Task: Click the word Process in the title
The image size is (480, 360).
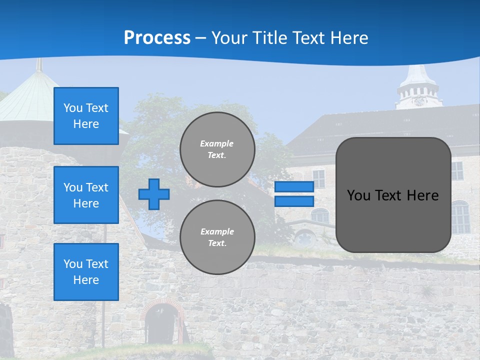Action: (x=157, y=38)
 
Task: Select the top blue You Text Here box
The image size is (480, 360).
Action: (x=86, y=116)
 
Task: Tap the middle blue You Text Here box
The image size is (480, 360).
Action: (x=86, y=195)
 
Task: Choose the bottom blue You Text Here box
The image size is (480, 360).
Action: (x=86, y=272)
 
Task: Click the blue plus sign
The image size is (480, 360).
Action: (x=154, y=194)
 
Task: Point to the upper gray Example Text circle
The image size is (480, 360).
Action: (x=217, y=149)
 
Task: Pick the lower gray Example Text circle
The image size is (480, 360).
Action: (x=217, y=237)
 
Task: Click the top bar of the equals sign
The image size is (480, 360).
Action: (x=294, y=187)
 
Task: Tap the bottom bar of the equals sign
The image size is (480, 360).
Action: (x=294, y=201)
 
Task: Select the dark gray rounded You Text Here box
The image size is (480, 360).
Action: (x=393, y=195)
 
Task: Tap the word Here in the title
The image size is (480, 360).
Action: (x=348, y=38)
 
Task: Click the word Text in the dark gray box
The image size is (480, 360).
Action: (x=390, y=195)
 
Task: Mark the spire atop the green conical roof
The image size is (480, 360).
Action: (x=38, y=65)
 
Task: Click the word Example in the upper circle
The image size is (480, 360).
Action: (x=216, y=143)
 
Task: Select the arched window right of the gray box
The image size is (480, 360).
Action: (x=460, y=217)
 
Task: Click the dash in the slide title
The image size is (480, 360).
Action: (x=201, y=38)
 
